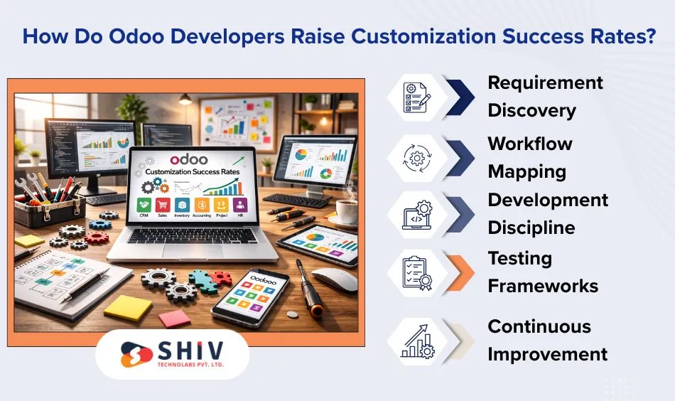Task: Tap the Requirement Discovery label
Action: coord(544,97)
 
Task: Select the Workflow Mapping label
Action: coord(529,157)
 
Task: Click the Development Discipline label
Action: coord(547,214)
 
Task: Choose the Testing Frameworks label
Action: coord(542,272)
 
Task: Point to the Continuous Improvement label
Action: coord(546,340)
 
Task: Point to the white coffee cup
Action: coord(346,210)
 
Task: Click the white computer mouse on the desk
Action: coord(333,277)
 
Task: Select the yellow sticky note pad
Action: coord(128,308)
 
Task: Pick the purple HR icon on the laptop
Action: coord(239,206)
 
